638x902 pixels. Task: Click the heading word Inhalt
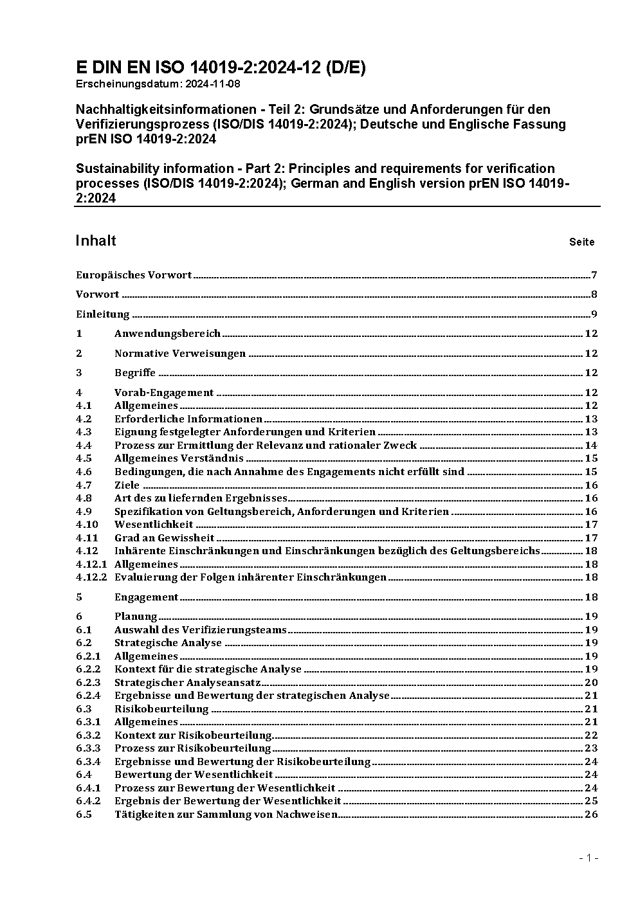point(96,241)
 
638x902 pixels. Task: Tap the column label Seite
point(581,242)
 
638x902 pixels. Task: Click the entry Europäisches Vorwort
point(134,275)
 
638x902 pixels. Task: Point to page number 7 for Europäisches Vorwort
point(594,275)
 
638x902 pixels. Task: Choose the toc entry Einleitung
point(103,314)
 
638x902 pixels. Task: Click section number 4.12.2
point(91,577)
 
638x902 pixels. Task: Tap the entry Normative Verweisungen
point(180,354)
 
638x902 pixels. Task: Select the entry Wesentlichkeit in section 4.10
point(154,525)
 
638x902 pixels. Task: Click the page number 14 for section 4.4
point(591,446)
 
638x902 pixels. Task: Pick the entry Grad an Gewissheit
point(164,538)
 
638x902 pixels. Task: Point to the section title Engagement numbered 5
point(146,597)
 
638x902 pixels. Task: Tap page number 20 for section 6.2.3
point(591,683)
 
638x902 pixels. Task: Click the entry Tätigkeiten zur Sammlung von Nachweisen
point(226,815)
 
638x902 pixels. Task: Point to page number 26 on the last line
point(591,815)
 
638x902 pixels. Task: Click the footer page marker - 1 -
point(588,858)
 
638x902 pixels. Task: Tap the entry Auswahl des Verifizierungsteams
point(200,630)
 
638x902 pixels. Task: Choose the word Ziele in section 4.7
point(127,485)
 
